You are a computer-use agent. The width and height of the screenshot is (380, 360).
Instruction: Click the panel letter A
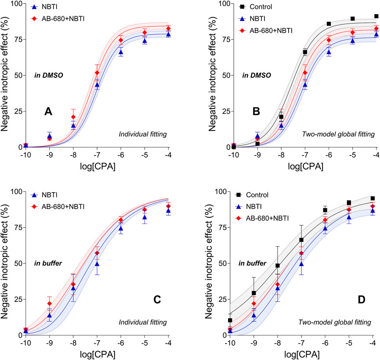click(x=48, y=112)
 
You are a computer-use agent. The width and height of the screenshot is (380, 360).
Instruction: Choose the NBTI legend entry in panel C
click(x=51, y=195)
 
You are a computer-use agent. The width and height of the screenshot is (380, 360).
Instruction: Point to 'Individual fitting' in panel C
click(x=142, y=323)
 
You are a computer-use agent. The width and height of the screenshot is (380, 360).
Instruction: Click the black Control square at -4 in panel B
click(x=376, y=16)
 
